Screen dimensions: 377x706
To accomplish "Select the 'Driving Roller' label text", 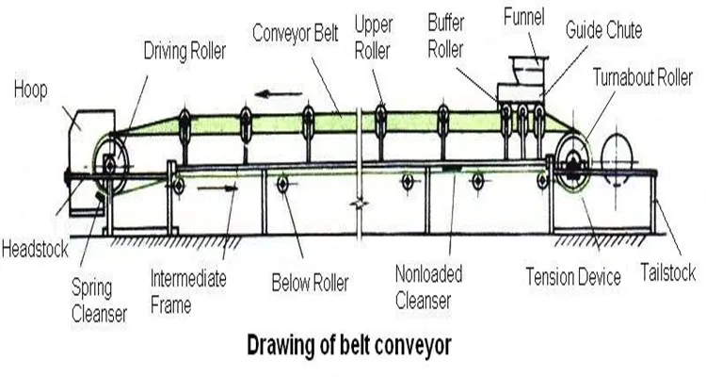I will [184, 50].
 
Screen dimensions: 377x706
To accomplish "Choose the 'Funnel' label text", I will [523, 17].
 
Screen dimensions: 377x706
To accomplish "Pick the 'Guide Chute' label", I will [603, 30].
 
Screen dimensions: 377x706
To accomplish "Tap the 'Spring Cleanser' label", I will [99, 299].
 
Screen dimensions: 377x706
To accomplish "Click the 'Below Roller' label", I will [310, 281].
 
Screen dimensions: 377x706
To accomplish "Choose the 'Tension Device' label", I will [573, 277].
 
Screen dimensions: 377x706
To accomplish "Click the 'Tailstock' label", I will [667, 273].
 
